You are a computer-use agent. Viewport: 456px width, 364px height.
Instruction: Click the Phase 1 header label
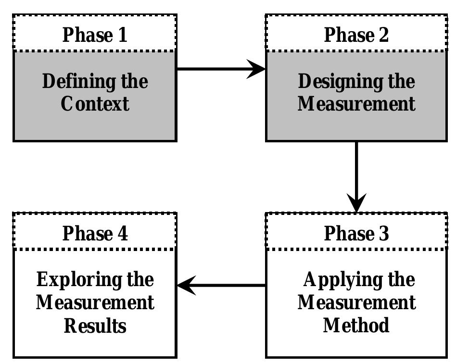95,35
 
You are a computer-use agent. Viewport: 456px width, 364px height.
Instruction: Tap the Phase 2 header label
356,35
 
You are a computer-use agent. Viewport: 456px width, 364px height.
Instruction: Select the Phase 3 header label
356,233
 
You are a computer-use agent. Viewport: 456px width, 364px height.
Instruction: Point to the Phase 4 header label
95,233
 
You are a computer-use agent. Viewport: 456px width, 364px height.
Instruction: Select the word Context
95,103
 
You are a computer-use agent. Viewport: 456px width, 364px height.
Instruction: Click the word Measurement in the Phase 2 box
356,103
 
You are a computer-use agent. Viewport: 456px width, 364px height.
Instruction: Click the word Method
356,325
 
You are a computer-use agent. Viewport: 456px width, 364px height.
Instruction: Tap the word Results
95,326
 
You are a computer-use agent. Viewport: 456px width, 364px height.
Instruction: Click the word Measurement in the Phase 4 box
95,302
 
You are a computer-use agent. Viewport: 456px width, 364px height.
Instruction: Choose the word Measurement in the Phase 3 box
356,302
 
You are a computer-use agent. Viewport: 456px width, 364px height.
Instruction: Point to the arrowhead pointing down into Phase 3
356,203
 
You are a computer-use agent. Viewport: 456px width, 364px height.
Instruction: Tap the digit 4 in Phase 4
122,233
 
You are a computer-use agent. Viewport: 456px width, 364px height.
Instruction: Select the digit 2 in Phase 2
383,35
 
